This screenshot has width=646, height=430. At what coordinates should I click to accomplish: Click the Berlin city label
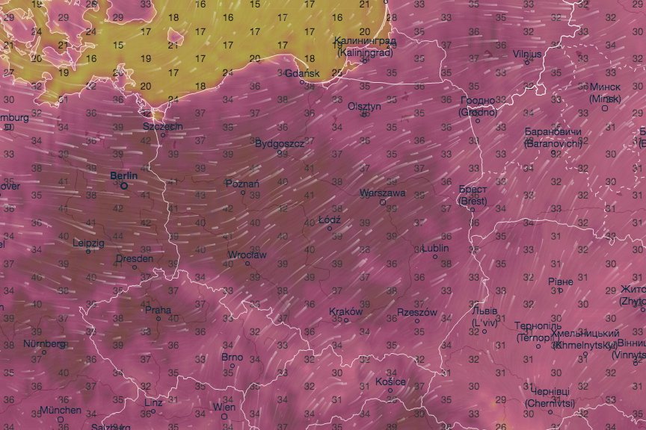pos(123,175)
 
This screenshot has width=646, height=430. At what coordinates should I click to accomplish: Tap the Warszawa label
pos(382,193)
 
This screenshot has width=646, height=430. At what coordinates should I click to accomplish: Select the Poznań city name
pos(242,184)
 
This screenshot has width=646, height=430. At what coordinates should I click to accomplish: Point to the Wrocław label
pos(247,255)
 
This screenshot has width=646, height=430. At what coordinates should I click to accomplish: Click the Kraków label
pos(345,311)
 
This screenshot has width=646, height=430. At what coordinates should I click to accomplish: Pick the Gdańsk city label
pos(302,73)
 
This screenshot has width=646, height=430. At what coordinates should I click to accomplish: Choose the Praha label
pos(158,310)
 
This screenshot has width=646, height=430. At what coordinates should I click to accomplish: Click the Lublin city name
pos(435,248)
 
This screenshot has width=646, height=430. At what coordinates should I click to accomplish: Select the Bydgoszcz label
pos(280,143)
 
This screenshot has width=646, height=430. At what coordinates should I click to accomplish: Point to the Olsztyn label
pos(364,106)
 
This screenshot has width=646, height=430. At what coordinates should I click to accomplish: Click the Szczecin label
pos(162,126)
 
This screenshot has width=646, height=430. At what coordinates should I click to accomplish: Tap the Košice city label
pos(390,381)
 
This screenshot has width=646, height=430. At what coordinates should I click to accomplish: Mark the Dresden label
pos(135,259)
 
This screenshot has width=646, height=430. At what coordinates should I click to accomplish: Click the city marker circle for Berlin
pos(124,185)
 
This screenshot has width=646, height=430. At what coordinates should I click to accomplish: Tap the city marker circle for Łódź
pos(330,228)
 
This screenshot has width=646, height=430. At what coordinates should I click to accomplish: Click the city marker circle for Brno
pos(233,366)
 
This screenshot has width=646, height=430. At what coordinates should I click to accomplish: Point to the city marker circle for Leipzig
pos(88,252)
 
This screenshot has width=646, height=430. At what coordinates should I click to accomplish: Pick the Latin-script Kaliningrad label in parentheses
pos(364,53)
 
